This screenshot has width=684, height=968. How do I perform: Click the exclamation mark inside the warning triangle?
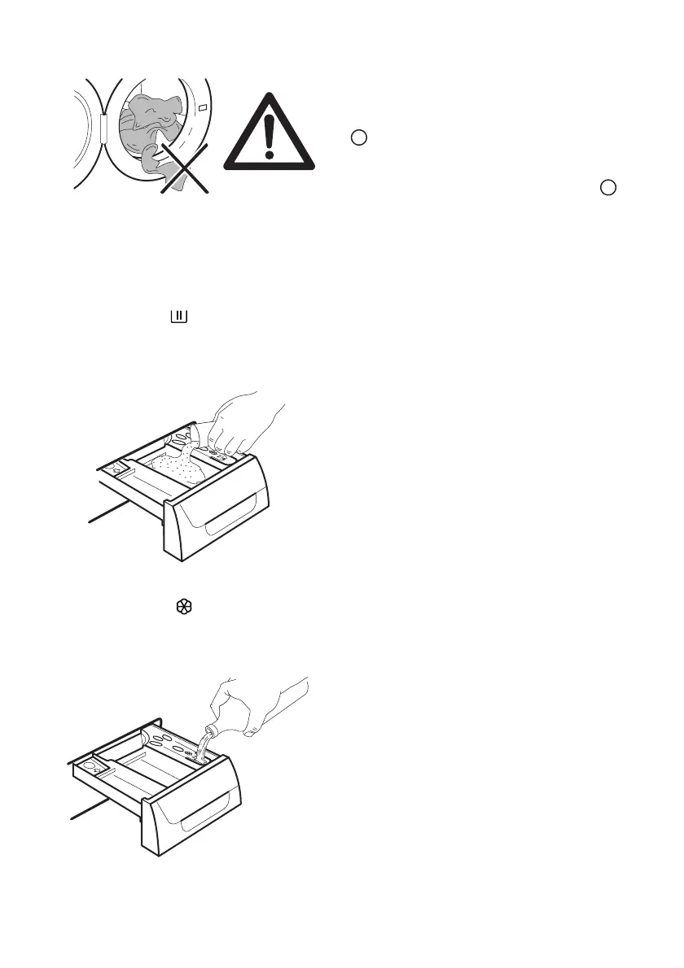tap(270, 137)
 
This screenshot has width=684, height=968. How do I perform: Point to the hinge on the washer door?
tap(103, 128)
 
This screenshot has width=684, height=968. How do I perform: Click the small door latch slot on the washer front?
tap(201, 107)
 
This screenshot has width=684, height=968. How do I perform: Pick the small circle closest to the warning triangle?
tap(357, 137)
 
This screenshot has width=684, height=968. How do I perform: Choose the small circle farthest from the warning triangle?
tap(607, 187)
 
